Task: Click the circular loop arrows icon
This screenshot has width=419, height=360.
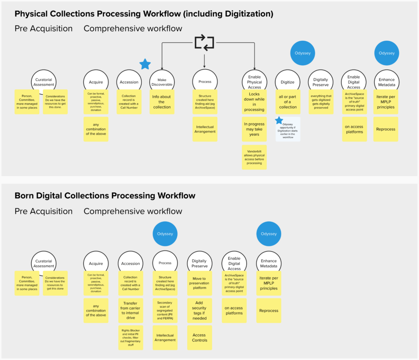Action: (x=204, y=43)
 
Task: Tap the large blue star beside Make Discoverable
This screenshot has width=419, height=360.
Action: (x=145, y=64)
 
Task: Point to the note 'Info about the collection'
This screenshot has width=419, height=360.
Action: (x=162, y=102)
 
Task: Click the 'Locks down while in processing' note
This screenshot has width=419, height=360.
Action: (x=254, y=102)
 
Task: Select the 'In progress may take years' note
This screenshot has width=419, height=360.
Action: (x=254, y=129)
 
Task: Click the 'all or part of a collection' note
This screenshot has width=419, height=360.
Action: (x=288, y=102)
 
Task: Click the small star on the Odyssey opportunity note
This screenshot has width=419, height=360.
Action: (x=279, y=120)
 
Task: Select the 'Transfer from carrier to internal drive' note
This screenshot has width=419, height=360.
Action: (x=130, y=310)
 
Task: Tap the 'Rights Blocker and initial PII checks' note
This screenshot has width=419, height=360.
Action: (x=130, y=338)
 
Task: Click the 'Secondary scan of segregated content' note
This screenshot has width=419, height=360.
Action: (x=165, y=310)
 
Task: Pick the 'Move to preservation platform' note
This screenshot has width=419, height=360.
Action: (x=199, y=283)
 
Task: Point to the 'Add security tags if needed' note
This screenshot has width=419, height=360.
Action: (x=199, y=310)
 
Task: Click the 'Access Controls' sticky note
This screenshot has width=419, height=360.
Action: (x=199, y=338)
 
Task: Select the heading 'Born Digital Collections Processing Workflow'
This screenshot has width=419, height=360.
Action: (x=105, y=196)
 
